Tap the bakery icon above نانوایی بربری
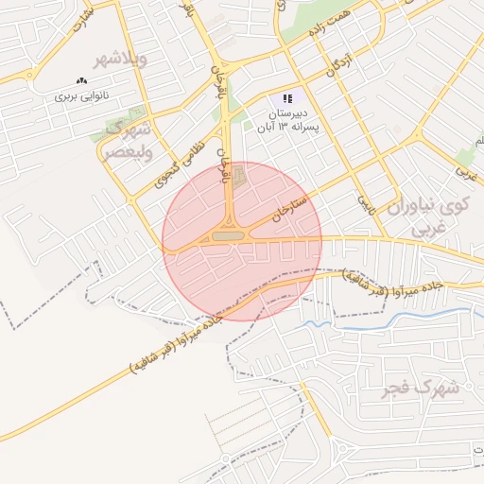point(80,82)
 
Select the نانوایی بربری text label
point(80,96)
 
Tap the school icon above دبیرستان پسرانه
point(287,98)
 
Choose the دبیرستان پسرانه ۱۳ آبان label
point(290,119)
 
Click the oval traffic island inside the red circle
point(227,236)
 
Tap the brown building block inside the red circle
point(238,175)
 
